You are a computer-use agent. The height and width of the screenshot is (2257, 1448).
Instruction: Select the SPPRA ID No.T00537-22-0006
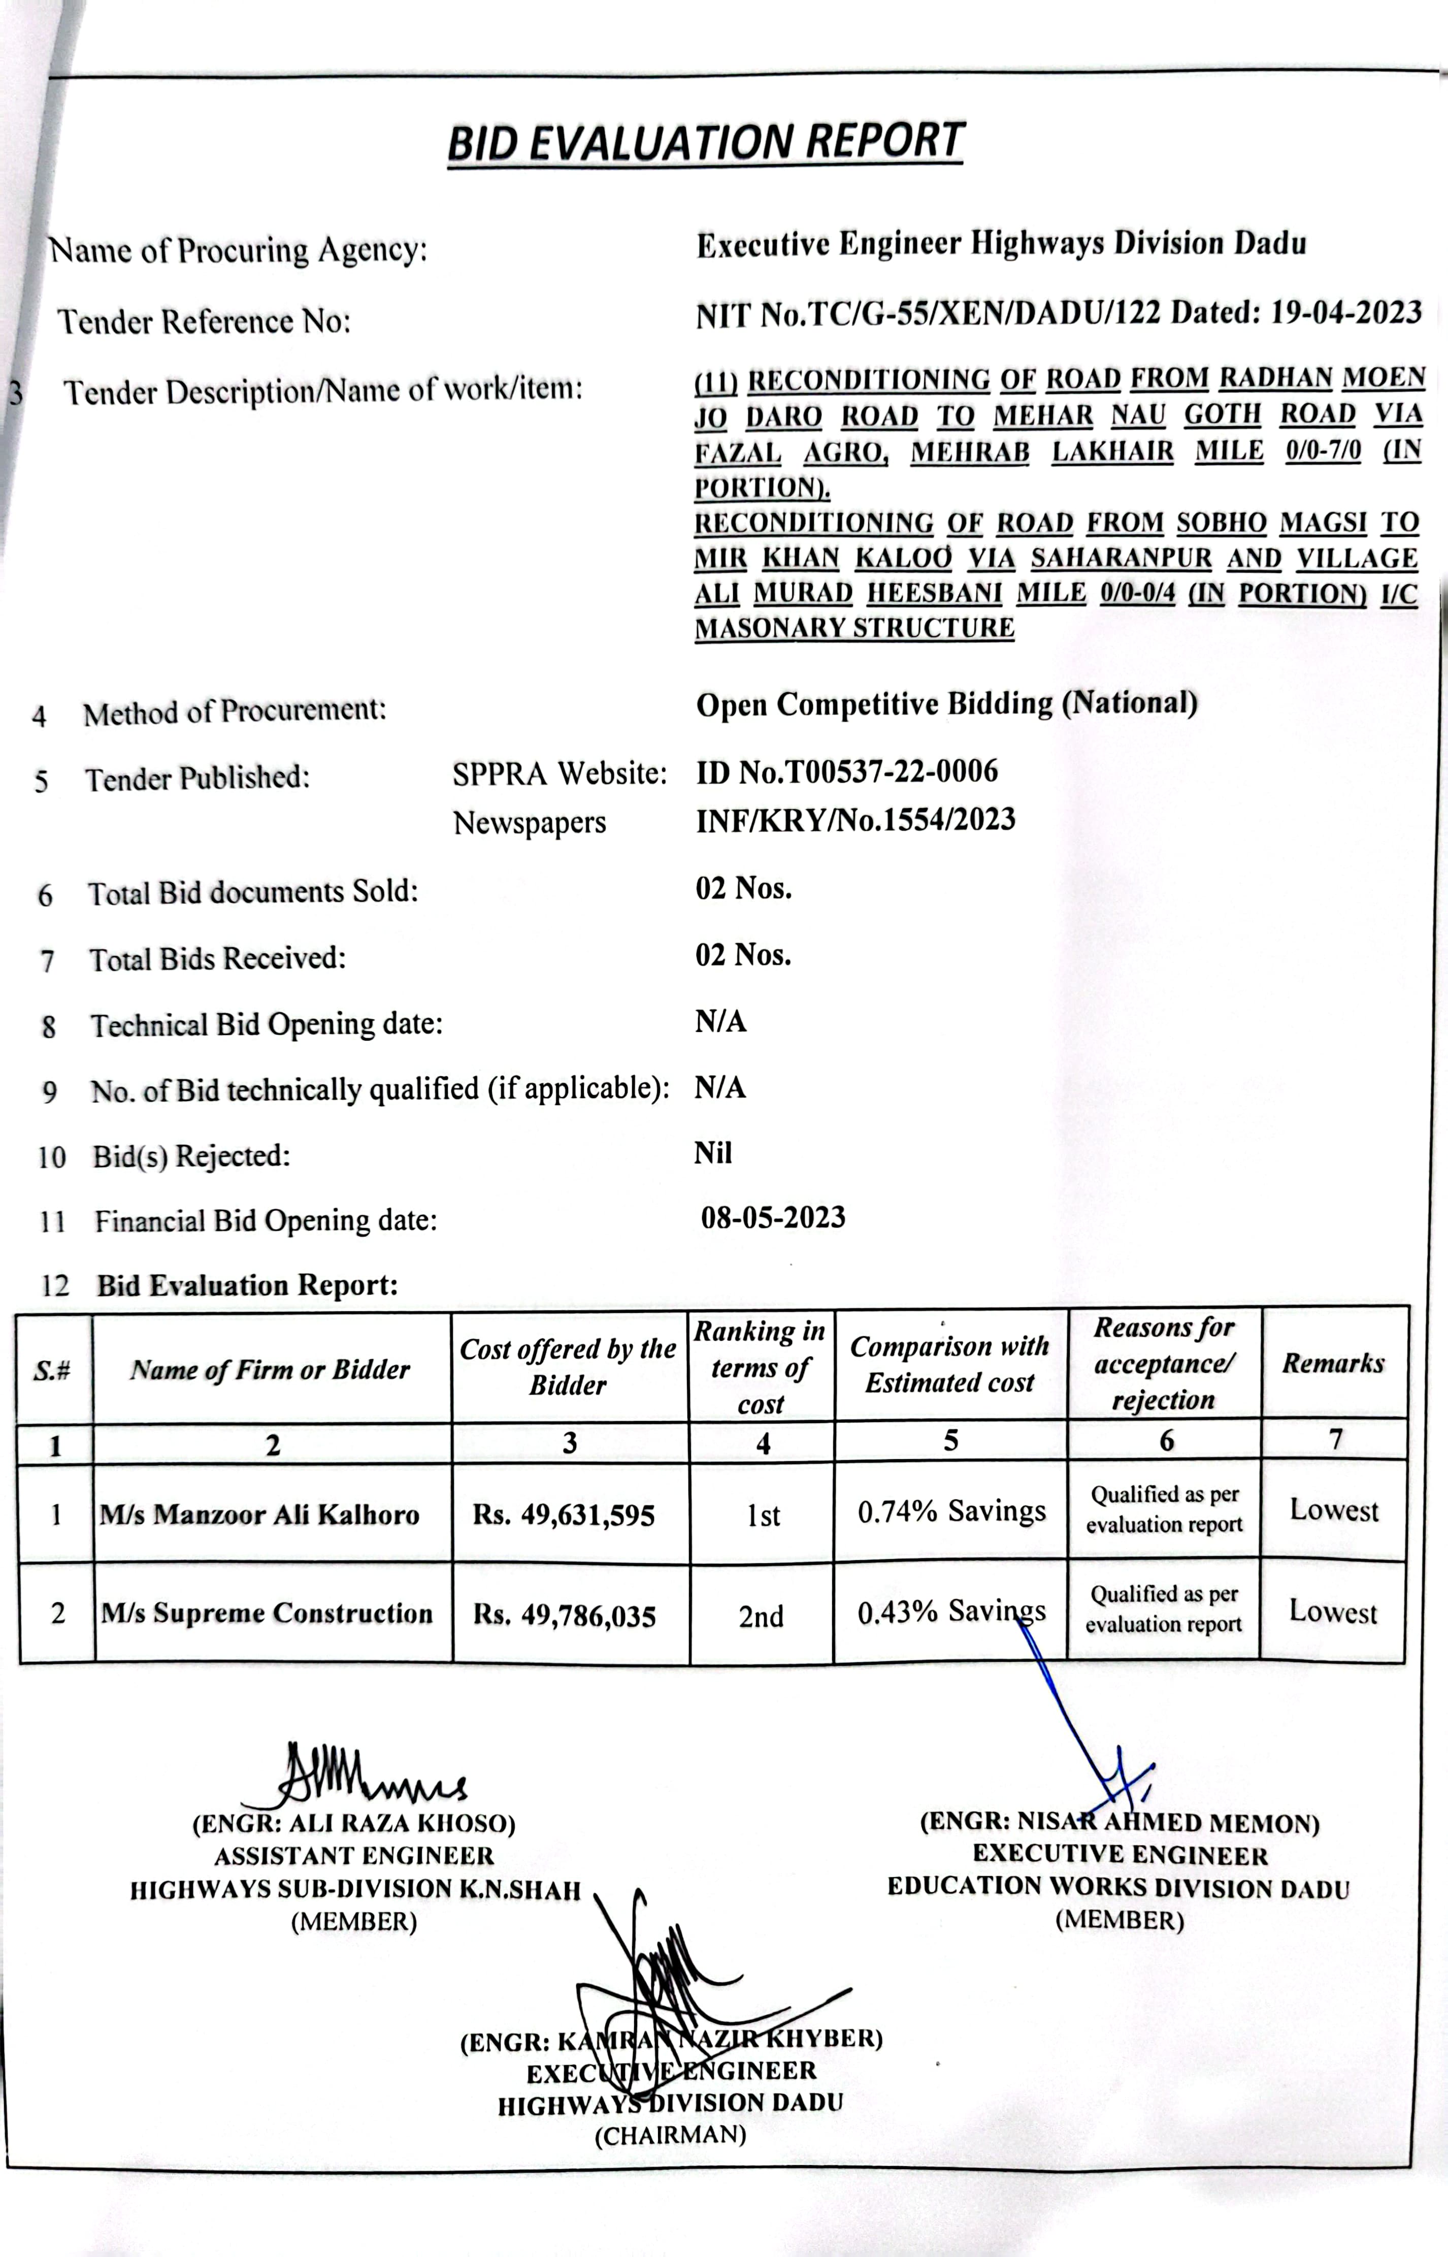(x=846, y=772)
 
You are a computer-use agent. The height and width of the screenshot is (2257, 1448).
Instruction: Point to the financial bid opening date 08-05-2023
(x=773, y=1218)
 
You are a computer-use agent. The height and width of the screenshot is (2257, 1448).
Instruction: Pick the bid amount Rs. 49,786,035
(x=564, y=1616)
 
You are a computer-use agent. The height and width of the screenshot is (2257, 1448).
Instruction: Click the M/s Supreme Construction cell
(x=267, y=1614)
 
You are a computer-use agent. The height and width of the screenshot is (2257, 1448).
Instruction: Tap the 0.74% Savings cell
(x=950, y=1511)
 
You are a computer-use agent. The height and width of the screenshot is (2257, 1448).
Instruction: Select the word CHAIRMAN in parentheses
(x=670, y=2135)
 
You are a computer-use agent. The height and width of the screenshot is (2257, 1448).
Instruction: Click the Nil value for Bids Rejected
(x=713, y=1153)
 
